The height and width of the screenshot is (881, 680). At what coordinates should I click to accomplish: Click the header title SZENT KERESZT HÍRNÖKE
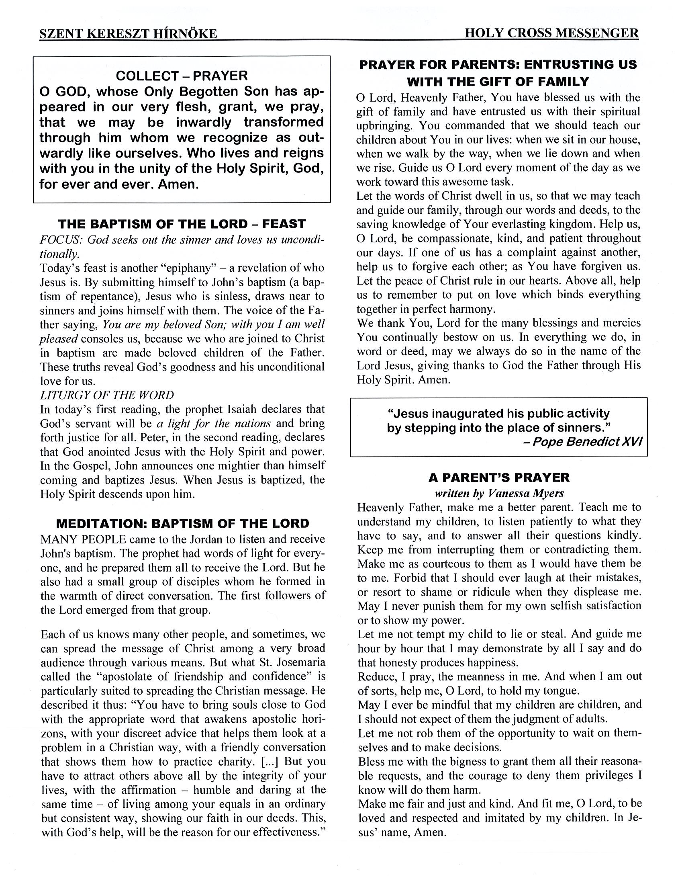point(128,33)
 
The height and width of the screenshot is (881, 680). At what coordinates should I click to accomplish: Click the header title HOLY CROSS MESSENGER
point(551,33)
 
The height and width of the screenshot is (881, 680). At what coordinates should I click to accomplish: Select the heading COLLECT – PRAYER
point(182,76)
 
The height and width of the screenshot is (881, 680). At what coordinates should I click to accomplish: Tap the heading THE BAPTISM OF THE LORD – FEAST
point(182,224)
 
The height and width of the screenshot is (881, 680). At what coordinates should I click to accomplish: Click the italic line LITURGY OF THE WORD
point(107,395)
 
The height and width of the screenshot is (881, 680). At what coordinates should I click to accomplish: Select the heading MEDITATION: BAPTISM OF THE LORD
point(182,524)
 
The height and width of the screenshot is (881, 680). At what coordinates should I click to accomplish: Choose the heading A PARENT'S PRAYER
point(498,477)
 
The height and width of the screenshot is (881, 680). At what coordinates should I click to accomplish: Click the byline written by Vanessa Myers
point(499,493)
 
